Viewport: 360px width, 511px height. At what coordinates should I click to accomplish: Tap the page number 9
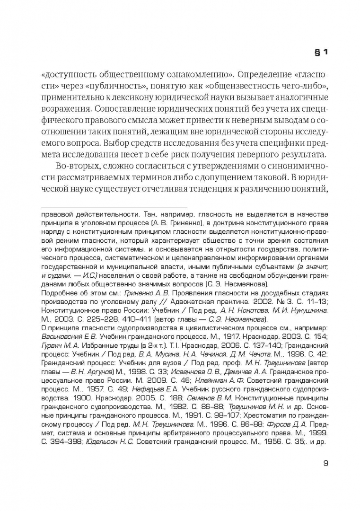(x=325, y=463)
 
